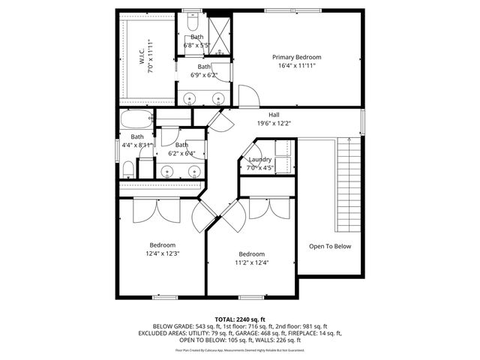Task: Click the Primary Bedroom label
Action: (296, 57)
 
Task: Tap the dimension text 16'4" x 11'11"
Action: (296, 66)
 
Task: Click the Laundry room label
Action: (259, 159)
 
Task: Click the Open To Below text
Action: (329, 246)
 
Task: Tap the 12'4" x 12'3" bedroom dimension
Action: (162, 253)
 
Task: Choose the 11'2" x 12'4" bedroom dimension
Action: (251, 262)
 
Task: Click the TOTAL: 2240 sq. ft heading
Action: (240, 319)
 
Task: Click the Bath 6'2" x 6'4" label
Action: (181, 149)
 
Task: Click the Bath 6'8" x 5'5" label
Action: (197, 40)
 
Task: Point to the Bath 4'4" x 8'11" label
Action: (137, 141)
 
